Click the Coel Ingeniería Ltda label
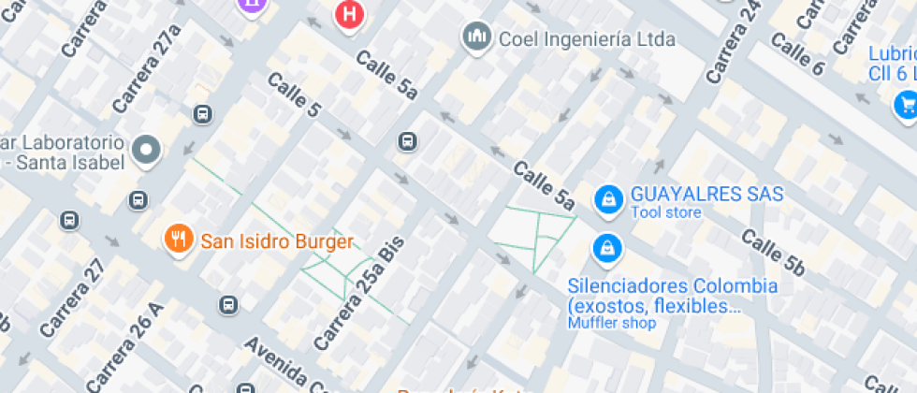587,39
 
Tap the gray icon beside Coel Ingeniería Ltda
477,38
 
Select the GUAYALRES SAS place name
706,195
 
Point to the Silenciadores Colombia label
673,285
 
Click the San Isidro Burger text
277,241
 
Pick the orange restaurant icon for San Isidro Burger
178,239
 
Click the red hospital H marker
350,14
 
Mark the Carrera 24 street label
734,42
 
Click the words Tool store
665,213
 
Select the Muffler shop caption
612,323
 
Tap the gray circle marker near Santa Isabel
147,150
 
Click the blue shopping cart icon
905,103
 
